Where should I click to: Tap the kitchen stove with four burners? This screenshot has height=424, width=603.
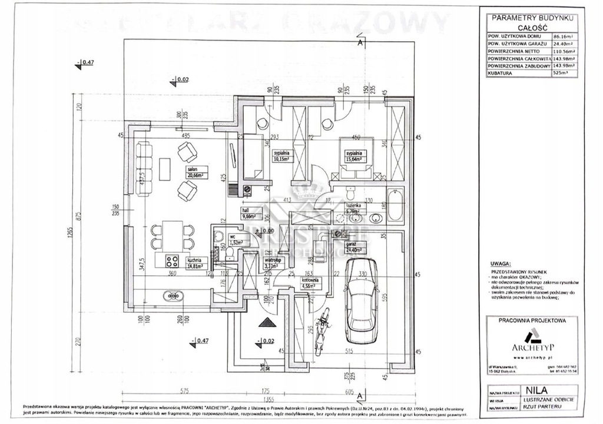tap(171, 260)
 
